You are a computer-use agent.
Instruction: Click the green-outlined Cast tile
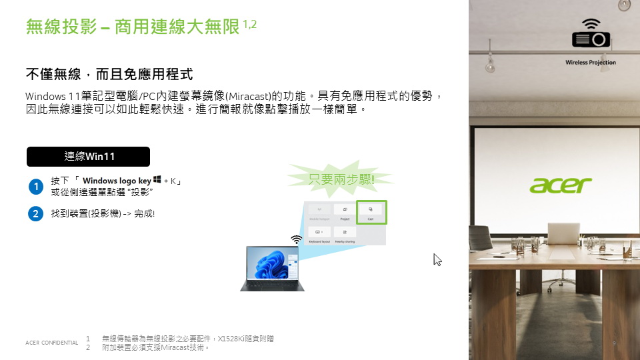coord(371,212)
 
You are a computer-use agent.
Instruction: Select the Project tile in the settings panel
coord(345,212)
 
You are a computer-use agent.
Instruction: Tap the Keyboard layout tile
coord(319,235)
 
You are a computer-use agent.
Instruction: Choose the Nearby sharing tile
coord(345,235)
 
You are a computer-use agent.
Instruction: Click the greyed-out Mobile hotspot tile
coord(319,212)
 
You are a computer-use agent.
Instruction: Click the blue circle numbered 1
coord(36,187)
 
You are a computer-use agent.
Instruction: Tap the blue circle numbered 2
coord(36,213)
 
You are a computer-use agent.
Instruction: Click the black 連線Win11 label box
coord(88,157)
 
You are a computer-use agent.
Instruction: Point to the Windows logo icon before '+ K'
coord(157,180)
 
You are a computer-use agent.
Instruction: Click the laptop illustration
coord(273,268)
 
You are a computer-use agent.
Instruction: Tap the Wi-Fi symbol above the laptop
coord(297,239)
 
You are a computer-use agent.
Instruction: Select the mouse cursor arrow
coord(437,260)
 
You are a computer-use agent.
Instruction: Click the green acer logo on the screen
coord(561,185)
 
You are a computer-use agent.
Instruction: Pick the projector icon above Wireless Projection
coord(591,35)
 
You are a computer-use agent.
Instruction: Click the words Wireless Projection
coord(591,63)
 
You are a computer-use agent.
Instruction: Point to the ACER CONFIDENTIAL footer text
coord(51,343)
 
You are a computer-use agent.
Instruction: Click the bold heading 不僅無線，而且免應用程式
coord(109,73)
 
